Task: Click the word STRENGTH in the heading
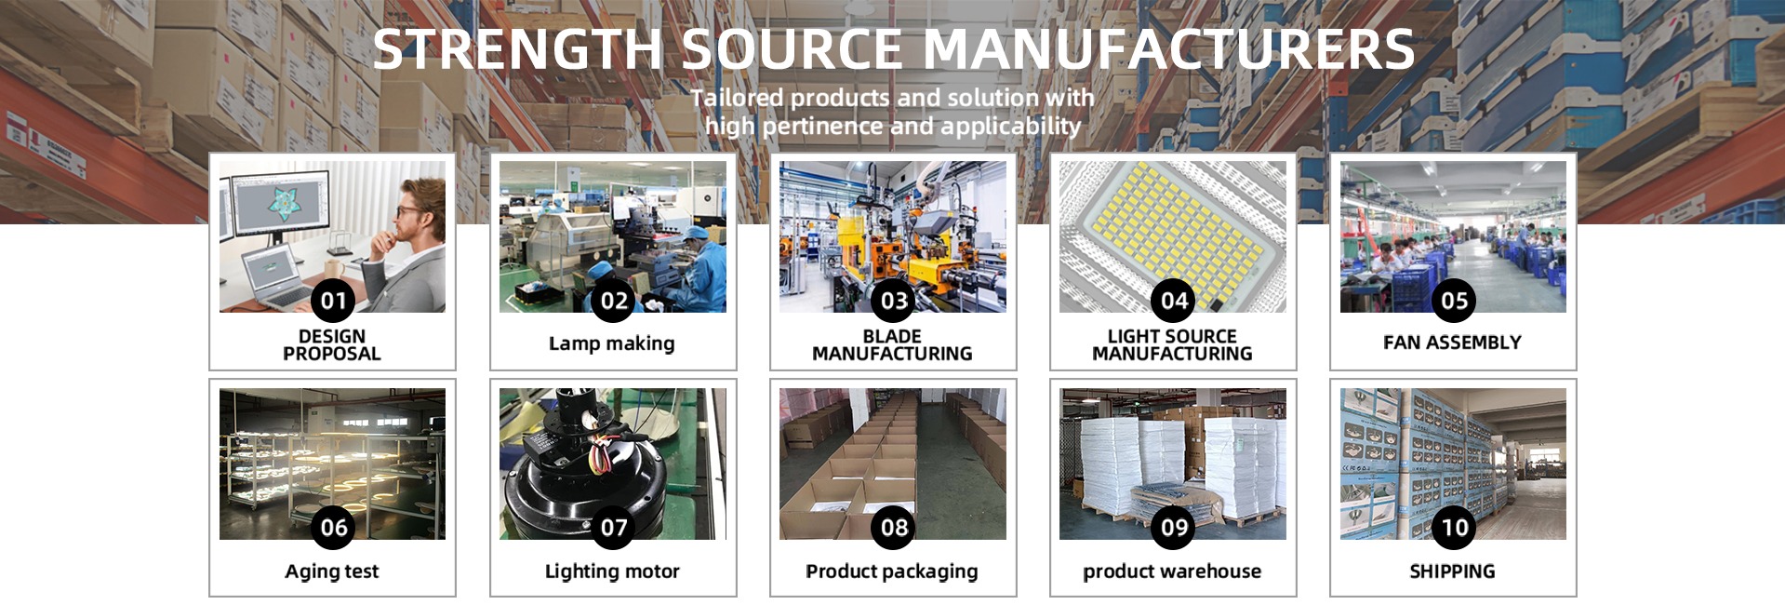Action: pos(517,50)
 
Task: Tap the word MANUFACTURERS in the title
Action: pos(1168,50)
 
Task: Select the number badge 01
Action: pos(333,300)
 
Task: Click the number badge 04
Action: pos(1173,300)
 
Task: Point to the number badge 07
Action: pos(613,528)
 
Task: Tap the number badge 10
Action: pos(1453,528)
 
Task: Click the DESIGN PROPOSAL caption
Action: pos(332,344)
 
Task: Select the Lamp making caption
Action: pos(612,343)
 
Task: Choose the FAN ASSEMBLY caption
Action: pos(1452,343)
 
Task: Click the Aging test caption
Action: pos(332,571)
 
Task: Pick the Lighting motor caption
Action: pos(612,571)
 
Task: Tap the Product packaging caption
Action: pos(892,571)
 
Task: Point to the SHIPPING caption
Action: pos(1452,571)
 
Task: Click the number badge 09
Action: pos(1173,528)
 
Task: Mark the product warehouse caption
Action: pos(1172,571)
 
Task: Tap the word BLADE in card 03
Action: pos(892,336)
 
